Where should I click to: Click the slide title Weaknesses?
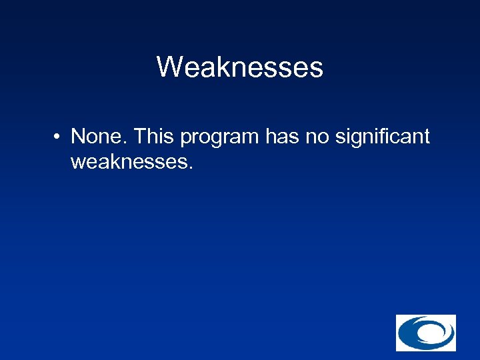pos(239,67)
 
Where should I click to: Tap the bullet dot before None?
pos(59,138)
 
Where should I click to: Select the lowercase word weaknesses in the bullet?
pos(129,162)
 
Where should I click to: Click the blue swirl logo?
pos(425,333)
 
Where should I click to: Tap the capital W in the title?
pos(170,67)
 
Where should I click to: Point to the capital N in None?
pos(79,137)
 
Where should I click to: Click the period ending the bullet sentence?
pos(191,168)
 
